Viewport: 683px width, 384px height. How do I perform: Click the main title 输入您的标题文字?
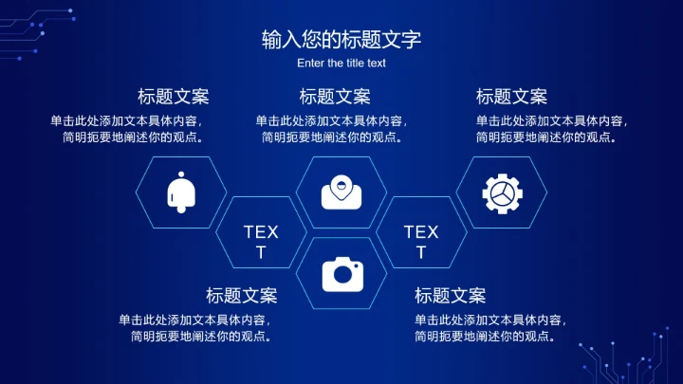click(341, 40)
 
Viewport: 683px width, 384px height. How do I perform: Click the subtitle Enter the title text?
click(341, 64)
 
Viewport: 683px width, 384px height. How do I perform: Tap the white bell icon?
click(181, 192)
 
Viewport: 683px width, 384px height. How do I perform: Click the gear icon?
click(502, 192)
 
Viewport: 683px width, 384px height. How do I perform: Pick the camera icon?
click(341, 274)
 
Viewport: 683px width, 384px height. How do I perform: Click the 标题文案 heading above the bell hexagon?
click(174, 97)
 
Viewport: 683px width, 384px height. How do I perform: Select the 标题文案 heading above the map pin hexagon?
click(335, 97)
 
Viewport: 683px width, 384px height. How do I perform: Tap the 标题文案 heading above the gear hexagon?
click(511, 97)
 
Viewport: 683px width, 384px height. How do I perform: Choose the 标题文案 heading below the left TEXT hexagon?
click(242, 296)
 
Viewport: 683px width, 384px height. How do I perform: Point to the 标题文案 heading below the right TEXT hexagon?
click(450, 296)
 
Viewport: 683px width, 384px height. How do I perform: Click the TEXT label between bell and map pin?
click(261, 242)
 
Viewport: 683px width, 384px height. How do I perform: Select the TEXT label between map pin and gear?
click(421, 242)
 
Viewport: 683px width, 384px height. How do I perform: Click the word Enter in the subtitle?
click(310, 64)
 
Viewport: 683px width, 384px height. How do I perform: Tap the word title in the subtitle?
click(357, 64)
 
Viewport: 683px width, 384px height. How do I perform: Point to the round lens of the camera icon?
click(342, 276)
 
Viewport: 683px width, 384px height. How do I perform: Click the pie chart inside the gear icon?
click(502, 194)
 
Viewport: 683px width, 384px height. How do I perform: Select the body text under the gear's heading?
click(552, 129)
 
